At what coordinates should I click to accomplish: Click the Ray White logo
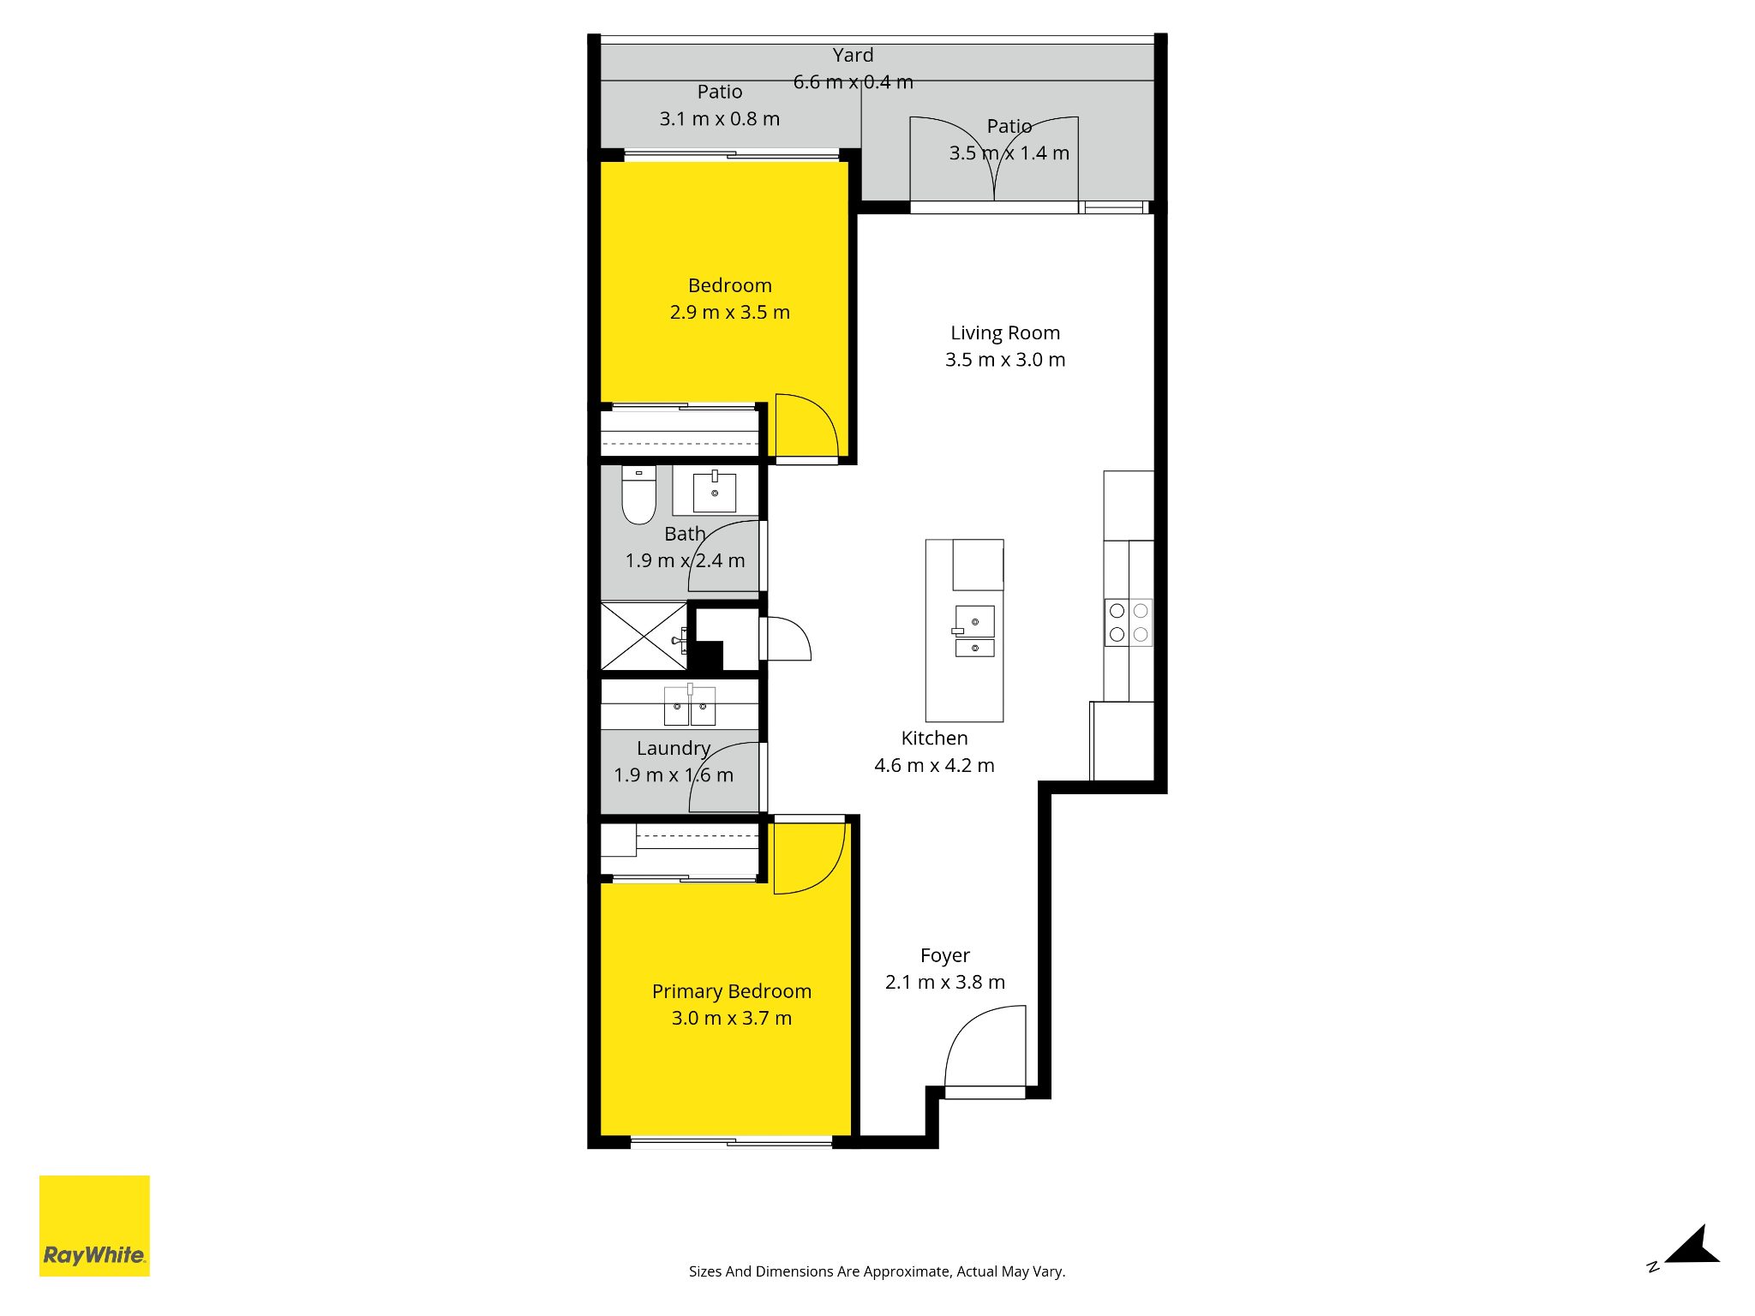tap(94, 1225)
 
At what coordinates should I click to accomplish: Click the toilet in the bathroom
tap(638, 494)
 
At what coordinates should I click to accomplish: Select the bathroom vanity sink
tap(715, 493)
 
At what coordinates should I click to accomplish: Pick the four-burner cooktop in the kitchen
tap(1129, 622)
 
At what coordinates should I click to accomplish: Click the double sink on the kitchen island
tap(974, 631)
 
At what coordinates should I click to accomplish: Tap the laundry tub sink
tap(690, 704)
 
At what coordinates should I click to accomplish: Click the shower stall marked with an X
tap(644, 637)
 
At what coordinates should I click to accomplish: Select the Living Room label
tap(1005, 332)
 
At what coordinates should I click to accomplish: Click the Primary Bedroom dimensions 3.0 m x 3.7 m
tap(732, 1018)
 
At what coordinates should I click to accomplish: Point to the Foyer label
tap(945, 955)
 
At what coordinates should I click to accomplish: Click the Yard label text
tap(853, 55)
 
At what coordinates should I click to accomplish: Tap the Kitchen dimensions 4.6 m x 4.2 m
tap(934, 765)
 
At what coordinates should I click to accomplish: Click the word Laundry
tap(674, 749)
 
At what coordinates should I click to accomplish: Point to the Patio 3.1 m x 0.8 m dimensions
tap(720, 119)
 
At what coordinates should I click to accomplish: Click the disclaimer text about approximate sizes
tap(877, 1271)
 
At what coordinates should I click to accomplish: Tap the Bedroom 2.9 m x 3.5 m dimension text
tap(730, 312)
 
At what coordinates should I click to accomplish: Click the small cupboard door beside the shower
tap(785, 638)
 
